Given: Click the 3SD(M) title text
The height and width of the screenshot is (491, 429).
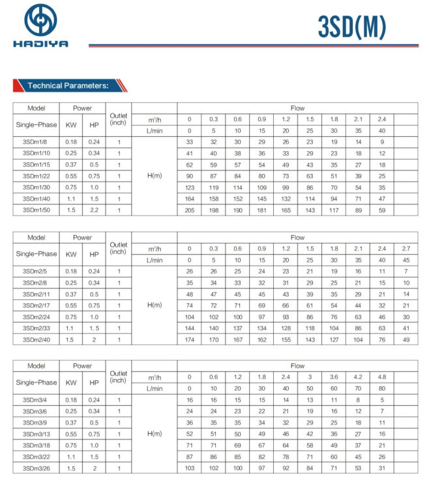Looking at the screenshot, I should click(x=351, y=27).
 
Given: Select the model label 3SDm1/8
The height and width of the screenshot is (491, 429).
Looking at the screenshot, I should click(x=36, y=142).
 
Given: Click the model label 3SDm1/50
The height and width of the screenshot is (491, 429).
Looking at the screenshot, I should click(x=36, y=210).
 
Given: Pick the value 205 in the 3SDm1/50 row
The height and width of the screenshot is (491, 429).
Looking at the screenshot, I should click(x=190, y=210).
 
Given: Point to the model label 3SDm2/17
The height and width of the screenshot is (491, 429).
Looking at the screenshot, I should click(x=36, y=305).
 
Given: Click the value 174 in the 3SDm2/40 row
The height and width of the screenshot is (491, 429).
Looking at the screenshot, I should click(x=190, y=340).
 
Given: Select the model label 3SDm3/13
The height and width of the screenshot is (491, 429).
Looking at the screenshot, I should click(x=36, y=434).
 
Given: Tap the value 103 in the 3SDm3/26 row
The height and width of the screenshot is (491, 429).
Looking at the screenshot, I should click(x=190, y=468).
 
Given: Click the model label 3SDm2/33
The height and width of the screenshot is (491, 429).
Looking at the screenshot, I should click(x=36, y=328).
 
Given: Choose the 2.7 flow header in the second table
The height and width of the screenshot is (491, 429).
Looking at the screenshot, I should click(x=406, y=249).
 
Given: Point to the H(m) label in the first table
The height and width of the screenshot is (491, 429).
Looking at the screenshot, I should click(x=155, y=176).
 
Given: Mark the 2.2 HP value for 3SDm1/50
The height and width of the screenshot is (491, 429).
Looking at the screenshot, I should click(x=94, y=210).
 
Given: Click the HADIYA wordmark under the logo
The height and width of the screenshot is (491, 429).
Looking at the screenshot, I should click(x=40, y=45).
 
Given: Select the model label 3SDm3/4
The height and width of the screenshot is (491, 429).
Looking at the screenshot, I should click(x=36, y=400).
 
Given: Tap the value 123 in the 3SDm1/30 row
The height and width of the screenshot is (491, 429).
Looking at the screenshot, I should click(x=190, y=188).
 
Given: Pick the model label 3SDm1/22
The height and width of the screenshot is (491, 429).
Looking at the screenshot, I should click(x=36, y=176).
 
